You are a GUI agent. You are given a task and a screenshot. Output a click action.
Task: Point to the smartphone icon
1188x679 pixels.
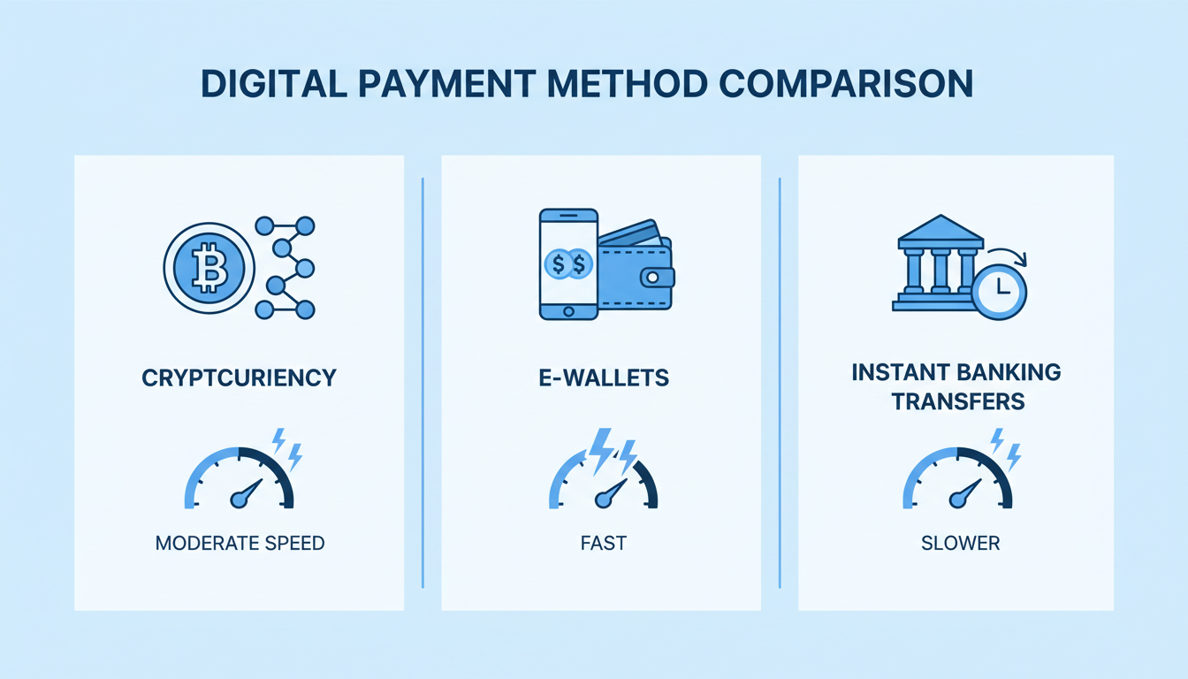pos(568,263)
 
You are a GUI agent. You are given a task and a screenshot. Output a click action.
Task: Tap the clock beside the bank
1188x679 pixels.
pos(999,288)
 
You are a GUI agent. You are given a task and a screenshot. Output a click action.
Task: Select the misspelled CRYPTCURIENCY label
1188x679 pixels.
pos(239,378)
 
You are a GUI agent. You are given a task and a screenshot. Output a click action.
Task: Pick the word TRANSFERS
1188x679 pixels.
pos(956,401)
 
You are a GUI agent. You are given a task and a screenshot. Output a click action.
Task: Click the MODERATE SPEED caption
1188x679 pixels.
pos(240,543)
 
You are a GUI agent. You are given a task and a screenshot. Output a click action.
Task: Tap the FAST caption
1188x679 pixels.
pos(604,543)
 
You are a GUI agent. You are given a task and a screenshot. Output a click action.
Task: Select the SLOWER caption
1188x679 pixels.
pos(959,543)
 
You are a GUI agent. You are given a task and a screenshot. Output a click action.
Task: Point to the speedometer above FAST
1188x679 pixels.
pos(604,477)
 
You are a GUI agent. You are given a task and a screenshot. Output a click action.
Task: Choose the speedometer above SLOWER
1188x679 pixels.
pos(958,477)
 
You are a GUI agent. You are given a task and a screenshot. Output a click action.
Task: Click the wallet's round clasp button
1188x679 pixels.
pos(652,278)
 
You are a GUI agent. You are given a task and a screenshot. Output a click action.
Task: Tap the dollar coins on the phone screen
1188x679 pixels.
pos(568,263)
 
